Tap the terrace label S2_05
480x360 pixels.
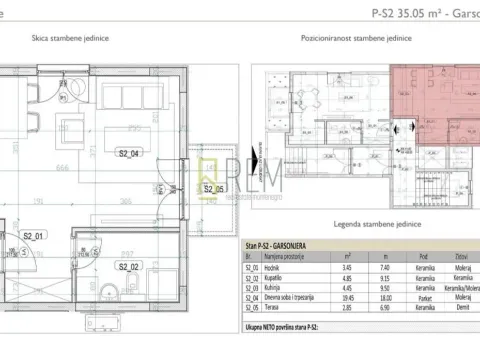click(211, 188)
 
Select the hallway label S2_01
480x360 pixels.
click(34, 236)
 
